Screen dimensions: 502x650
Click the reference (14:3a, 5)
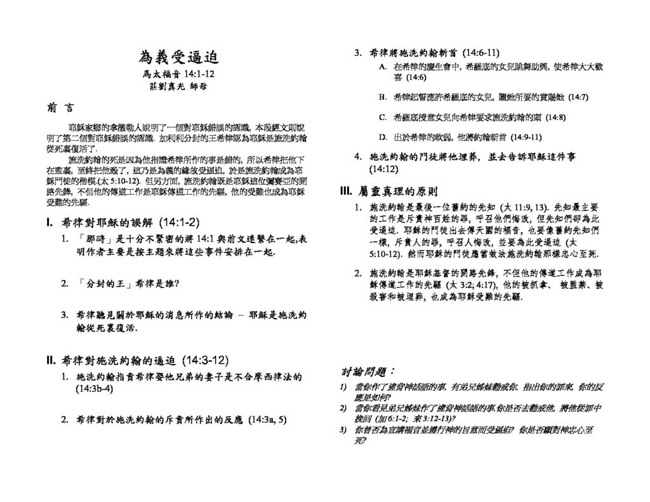[x=269, y=419]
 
